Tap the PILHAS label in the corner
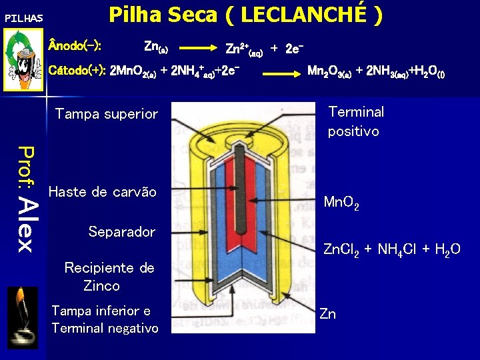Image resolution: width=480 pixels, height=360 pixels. point(23,18)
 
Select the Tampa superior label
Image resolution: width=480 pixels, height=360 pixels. point(106,114)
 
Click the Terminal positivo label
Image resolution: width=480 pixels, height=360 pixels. point(355,121)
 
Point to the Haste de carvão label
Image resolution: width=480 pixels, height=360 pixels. point(103,192)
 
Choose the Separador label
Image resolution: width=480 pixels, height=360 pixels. point(121,231)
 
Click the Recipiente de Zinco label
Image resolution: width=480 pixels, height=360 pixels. point(109,277)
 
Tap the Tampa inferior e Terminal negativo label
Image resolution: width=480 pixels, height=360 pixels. point(105,319)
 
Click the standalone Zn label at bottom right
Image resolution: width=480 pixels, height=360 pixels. point(327,313)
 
